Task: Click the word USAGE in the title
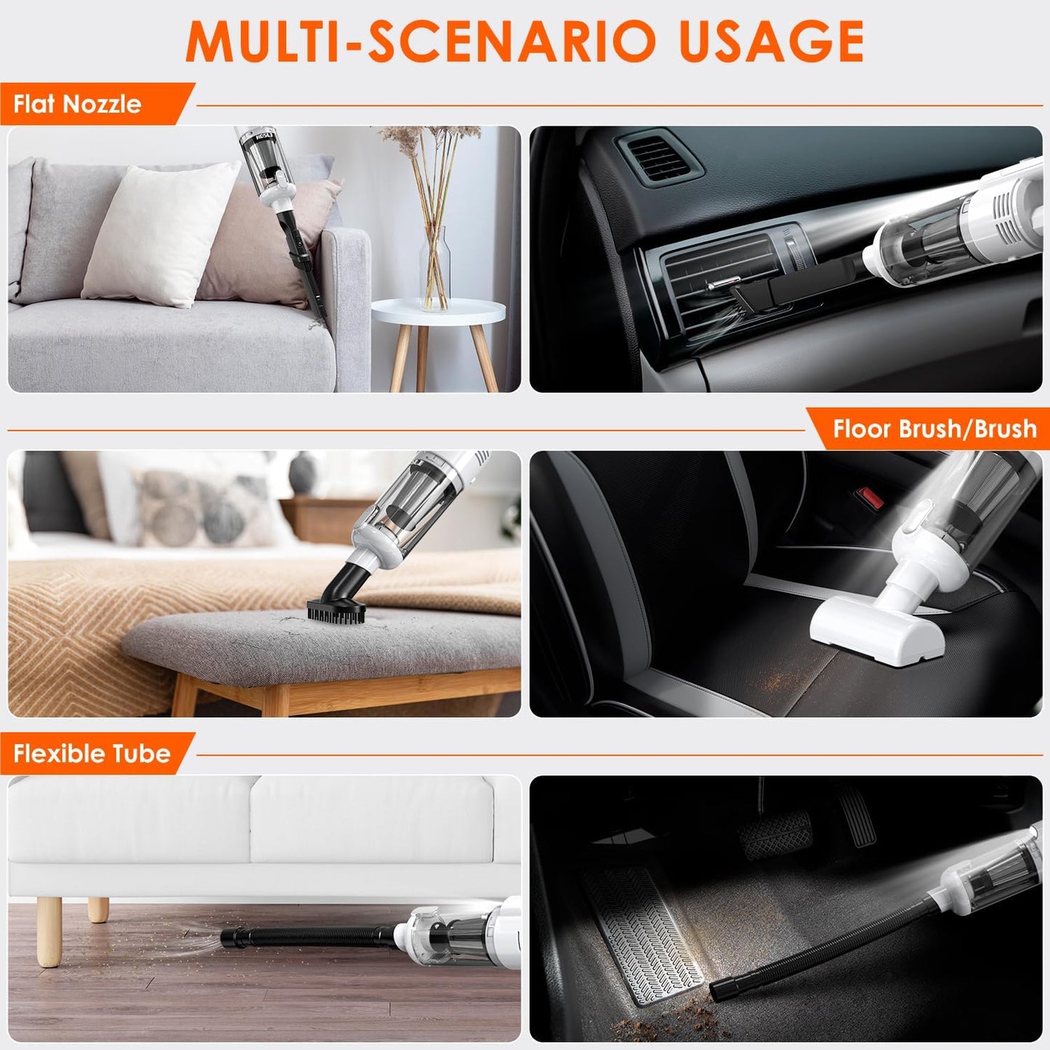click(x=771, y=42)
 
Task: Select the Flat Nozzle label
click(x=77, y=105)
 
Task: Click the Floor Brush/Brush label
click(x=934, y=429)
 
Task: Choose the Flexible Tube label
click(x=92, y=754)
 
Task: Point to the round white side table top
click(x=438, y=312)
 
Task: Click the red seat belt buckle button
click(x=871, y=498)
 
